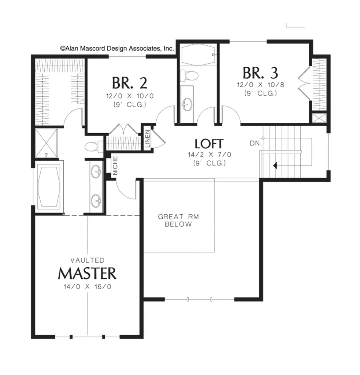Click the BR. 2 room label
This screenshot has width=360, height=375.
(130, 83)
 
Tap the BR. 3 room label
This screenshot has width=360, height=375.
(260, 73)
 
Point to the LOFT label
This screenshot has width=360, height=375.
(209, 144)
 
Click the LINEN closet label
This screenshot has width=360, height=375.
(148, 139)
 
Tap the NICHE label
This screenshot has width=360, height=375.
(115, 166)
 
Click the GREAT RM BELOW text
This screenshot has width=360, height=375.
(178, 220)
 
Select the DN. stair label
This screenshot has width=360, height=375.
(256, 143)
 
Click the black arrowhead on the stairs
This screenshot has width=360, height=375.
(275, 165)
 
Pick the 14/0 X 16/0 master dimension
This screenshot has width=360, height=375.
(88, 286)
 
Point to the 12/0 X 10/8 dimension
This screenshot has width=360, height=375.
(260, 85)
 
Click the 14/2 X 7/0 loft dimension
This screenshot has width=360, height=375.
(209, 155)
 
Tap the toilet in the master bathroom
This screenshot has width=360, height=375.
(94, 146)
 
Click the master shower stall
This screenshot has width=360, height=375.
(47, 143)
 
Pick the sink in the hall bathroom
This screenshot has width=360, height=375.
(187, 104)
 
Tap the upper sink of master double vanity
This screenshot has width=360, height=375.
(96, 171)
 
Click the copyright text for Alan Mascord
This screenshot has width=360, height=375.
(117, 49)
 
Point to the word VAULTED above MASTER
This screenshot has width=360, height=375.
(88, 260)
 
